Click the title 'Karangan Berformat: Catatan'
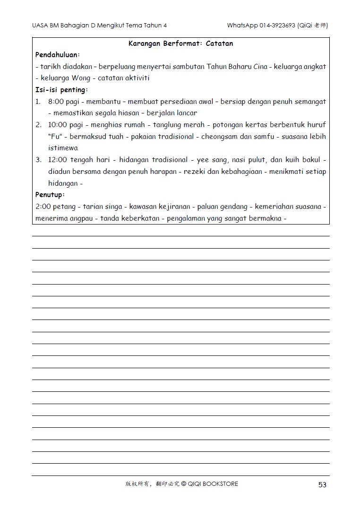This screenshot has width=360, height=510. (180, 43)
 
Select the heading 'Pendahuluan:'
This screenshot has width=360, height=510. (58, 55)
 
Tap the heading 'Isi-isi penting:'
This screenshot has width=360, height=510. (62, 89)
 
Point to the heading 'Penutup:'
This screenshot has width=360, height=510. (50, 194)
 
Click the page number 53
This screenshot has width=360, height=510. (322, 484)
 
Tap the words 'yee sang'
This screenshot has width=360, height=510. (209, 160)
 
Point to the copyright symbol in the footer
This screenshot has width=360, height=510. (183, 484)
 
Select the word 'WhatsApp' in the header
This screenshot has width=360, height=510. (242, 26)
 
